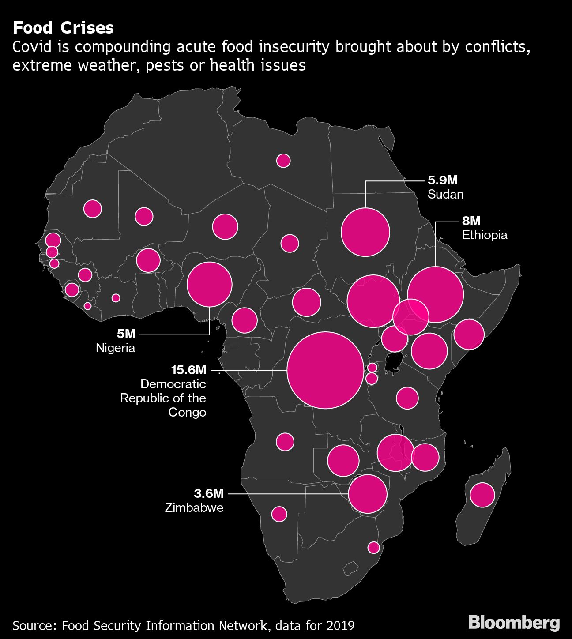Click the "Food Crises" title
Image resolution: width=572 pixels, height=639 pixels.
coord(63,28)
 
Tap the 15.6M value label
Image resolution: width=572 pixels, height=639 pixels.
coord(188,370)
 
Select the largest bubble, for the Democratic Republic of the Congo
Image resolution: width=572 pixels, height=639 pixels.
coord(326,370)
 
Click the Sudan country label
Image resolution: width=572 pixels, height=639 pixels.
coord(445,194)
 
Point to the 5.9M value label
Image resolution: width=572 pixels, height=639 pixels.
coord(443,180)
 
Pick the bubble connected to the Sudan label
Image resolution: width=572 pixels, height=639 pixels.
coord(365,232)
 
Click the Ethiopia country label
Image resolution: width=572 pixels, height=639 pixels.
coord(485,235)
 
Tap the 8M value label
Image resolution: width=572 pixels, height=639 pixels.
coord(471,221)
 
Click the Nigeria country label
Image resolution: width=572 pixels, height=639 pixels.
coord(116,348)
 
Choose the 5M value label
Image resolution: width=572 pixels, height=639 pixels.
coord(126,334)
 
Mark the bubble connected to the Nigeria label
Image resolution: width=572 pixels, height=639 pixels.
coord(210,284)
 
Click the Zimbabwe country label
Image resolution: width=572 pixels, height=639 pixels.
coord(194,507)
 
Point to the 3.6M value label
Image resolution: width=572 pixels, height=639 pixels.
coord(209,493)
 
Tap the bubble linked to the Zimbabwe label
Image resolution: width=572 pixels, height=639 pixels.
coord(368,494)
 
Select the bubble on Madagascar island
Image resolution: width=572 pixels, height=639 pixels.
coord(482,495)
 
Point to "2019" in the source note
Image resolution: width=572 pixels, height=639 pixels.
coord(340,625)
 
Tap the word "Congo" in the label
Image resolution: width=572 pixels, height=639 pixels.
coord(187,412)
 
